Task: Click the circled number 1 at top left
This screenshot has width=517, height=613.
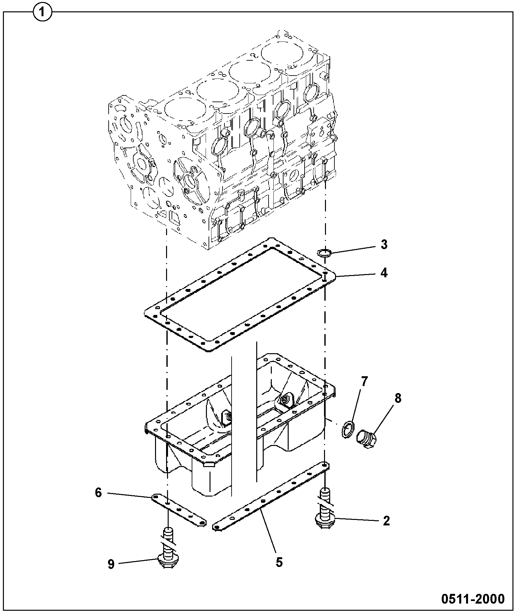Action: point(42,13)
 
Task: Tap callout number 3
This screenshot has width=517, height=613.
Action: point(384,245)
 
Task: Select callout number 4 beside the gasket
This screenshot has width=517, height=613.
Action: point(384,273)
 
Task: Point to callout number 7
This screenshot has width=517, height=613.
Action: point(364,382)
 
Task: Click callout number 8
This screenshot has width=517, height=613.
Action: point(398,398)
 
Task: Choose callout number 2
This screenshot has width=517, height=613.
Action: point(386,521)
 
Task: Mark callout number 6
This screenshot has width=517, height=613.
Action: point(98,493)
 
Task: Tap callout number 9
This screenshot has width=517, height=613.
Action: point(111,564)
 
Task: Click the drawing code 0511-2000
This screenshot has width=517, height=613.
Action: point(473,599)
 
